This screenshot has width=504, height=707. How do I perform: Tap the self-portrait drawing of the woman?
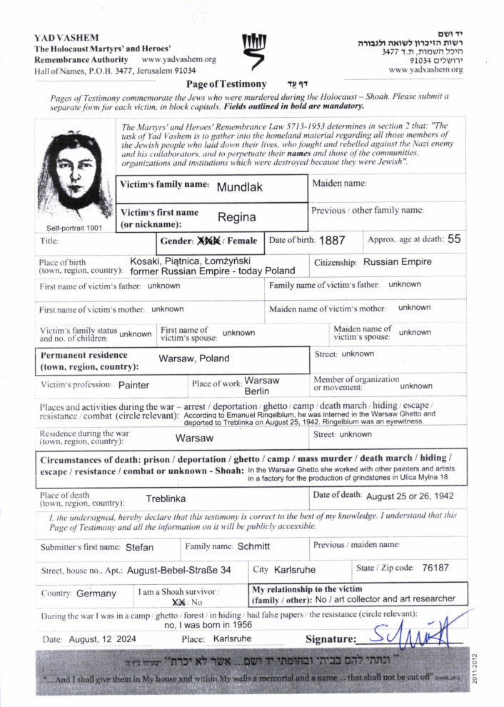[x=74, y=174]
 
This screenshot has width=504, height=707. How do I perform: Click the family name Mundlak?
[x=241, y=186]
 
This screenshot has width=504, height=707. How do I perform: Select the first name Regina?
[x=236, y=216]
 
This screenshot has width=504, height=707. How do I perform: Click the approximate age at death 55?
[x=454, y=240]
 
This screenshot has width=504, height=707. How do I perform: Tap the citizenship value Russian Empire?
[x=398, y=262]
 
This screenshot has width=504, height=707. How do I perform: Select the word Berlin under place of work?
[x=256, y=391]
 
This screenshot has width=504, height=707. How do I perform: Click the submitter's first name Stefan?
[x=139, y=547]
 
